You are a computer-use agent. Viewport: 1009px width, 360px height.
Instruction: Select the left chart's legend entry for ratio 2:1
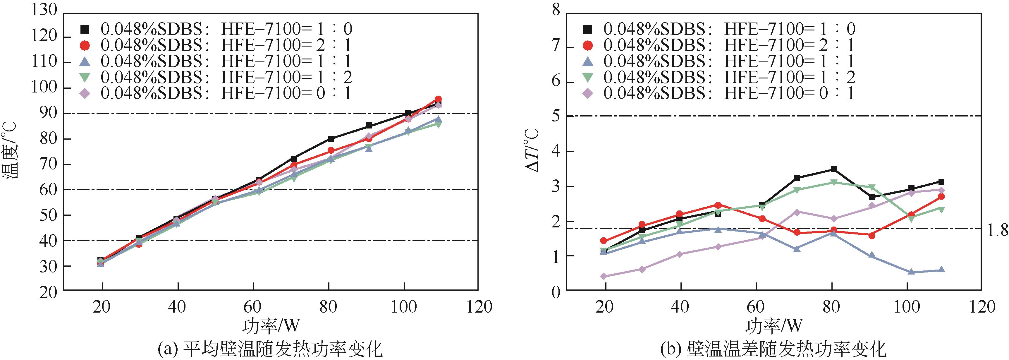(215, 45)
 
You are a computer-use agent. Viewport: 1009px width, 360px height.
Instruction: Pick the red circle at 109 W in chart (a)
(438, 99)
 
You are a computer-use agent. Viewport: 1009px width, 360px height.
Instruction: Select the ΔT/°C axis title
(532, 150)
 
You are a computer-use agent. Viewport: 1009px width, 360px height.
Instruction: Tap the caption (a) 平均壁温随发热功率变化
(270, 349)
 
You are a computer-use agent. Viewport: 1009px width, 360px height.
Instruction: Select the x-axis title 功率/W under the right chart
(773, 325)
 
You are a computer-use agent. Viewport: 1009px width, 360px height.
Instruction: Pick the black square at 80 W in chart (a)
(331, 139)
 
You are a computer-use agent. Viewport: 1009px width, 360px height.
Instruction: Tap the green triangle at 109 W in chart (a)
(438, 125)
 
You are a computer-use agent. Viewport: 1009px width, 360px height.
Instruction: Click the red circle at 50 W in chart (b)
(718, 205)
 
